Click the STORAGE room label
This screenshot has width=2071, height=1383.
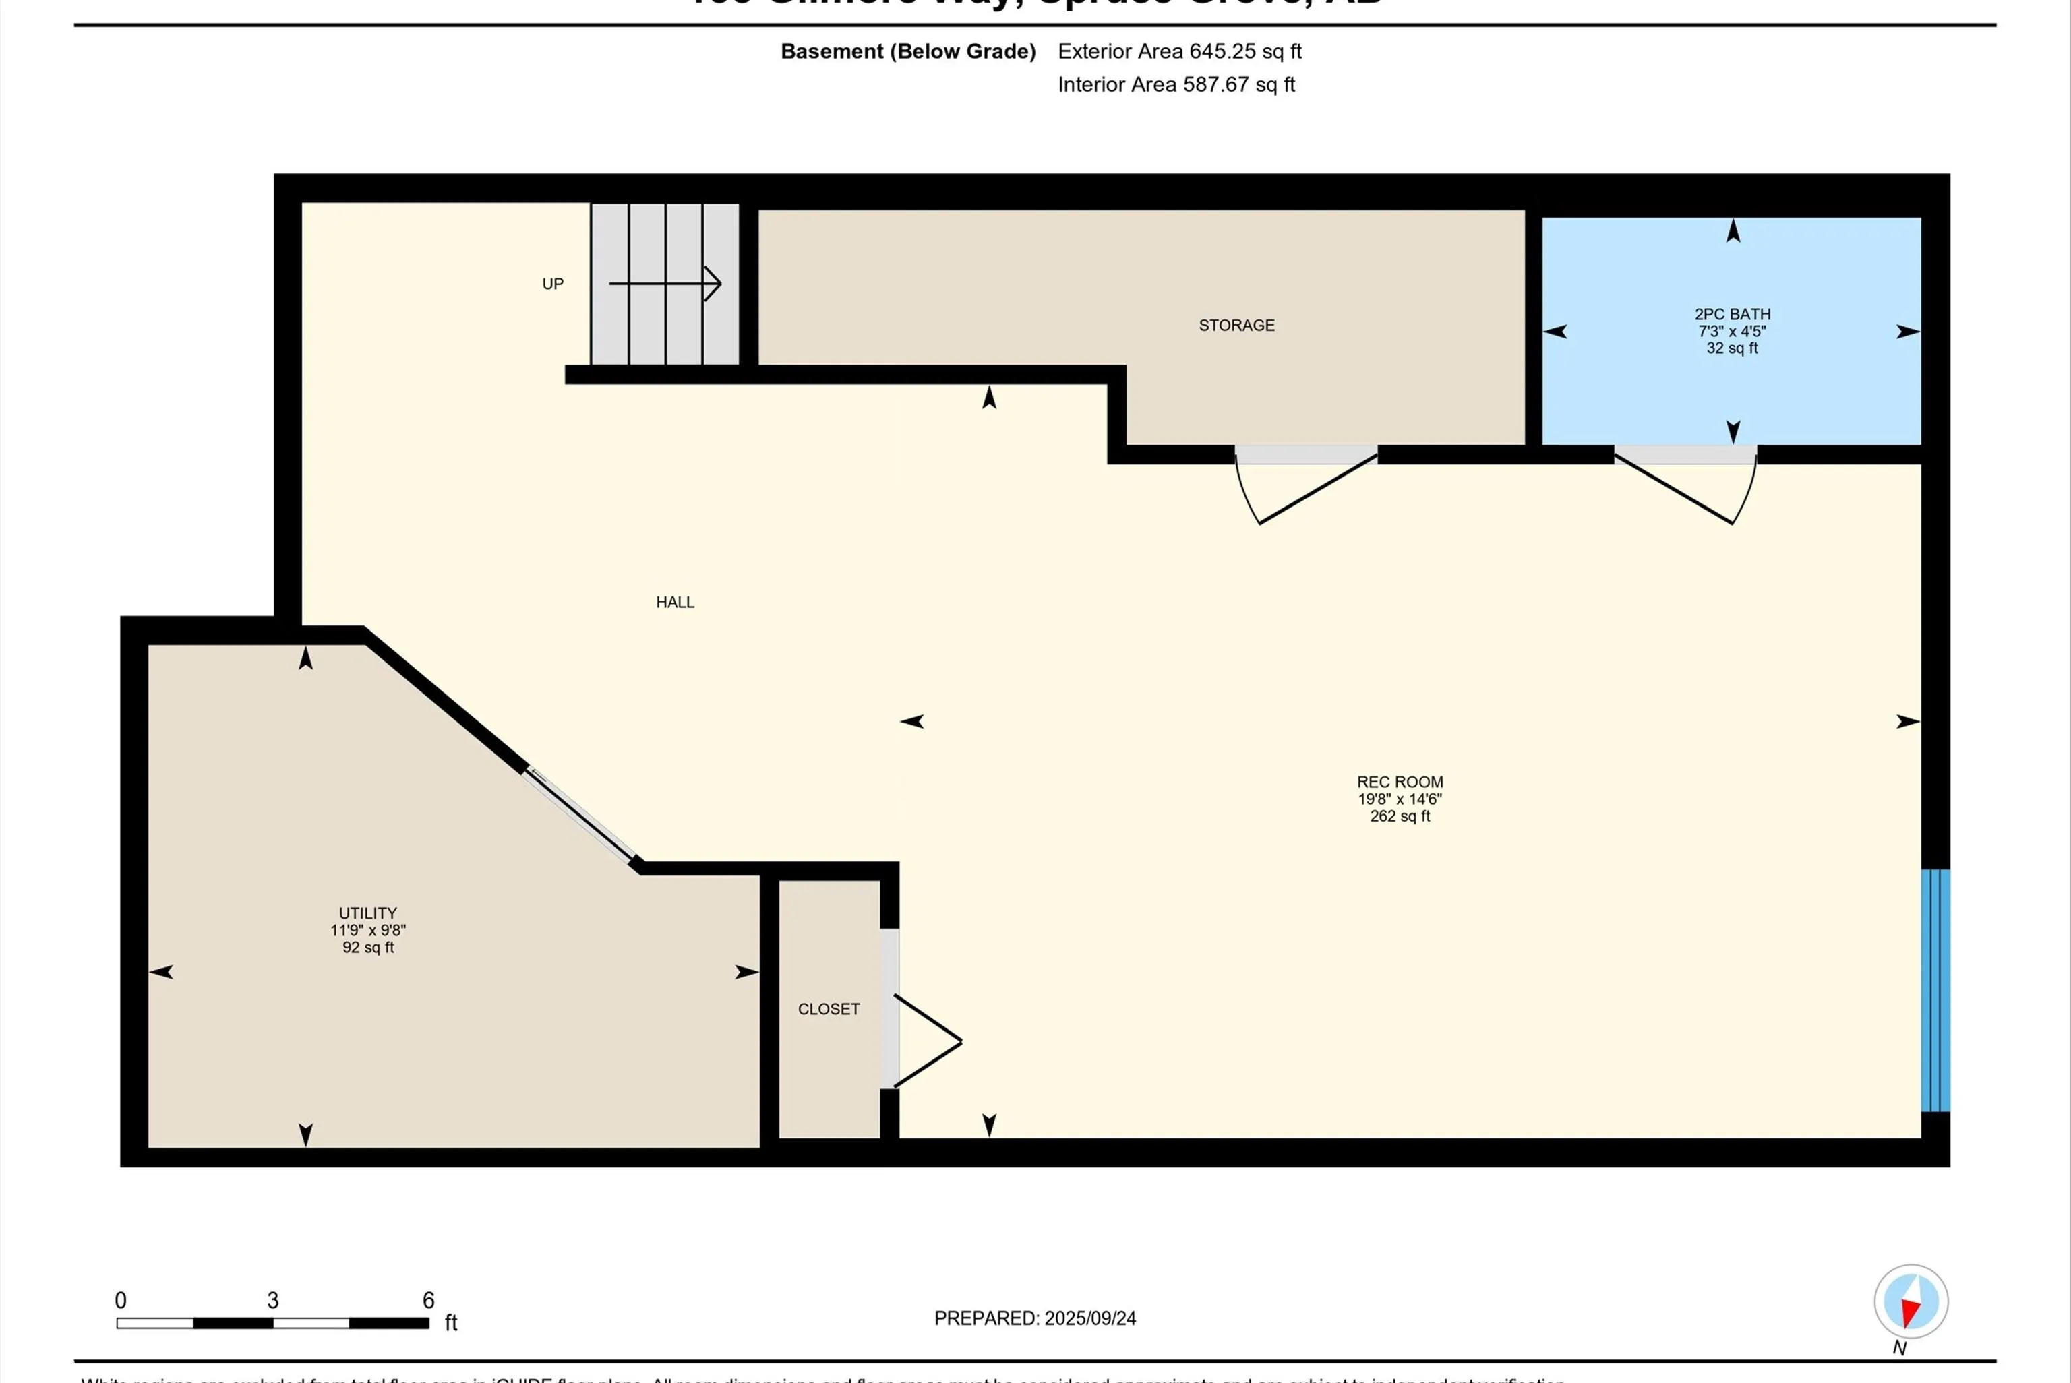(x=1236, y=326)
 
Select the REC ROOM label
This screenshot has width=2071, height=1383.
(x=1400, y=781)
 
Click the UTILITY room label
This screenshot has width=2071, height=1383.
(x=368, y=913)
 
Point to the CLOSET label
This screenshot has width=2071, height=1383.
(x=829, y=1009)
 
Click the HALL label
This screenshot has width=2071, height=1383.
(x=675, y=603)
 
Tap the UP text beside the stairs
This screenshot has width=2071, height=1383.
(x=552, y=284)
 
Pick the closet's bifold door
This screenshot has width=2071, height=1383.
(x=926, y=1041)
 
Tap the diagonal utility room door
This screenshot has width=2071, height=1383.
(x=580, y=816)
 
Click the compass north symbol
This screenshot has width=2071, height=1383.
(x=1911, y=1302)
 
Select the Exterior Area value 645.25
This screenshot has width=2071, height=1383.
(x=1222, y=51)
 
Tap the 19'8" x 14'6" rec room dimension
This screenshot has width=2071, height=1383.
(x=1400, y=799)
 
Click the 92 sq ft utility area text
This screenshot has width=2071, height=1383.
(x=368, y=948)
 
